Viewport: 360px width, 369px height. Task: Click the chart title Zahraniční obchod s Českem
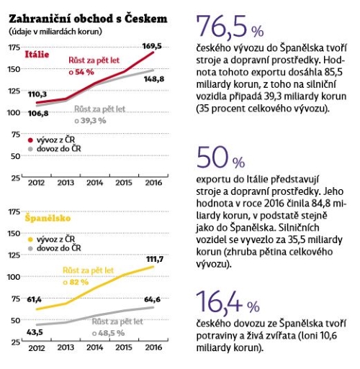pyautogui.click(x=88, y=19)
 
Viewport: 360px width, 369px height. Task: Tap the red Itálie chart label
pyautogui.click(x=37, y=55)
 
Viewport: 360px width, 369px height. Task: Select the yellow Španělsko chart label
pyautogui.click(x=48, y=218)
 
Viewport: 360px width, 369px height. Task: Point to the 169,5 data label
pyautogui.click(x=152, y=46)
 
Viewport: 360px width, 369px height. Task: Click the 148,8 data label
pyautogui.click(x=154, y=79)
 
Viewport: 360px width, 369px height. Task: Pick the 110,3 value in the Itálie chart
pyautogui.click(x=37, y=94)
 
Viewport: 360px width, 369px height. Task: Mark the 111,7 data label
pyautogui.click(x=155, y=259)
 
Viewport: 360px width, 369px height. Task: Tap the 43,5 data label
pyautogui.click(x=35, y=332)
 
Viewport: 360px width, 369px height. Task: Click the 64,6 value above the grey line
pyautogui.click(x=152, y=299)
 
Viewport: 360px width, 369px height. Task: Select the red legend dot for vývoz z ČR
pyautogui.click(x=30, y=140)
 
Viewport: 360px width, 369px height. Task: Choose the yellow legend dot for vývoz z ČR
pyautogui.click(x=30, y=240)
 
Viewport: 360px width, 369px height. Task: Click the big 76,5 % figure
pyautogui.click(x=230, y=27)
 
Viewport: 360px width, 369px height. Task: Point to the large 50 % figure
pyautogui.click(x=220, y=158)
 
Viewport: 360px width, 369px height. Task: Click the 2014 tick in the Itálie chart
pyautogui.click(x=95, y=183)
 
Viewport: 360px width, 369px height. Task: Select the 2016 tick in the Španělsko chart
pyautogui.click(x=153, y=347)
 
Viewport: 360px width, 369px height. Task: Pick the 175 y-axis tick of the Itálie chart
pyautogui.click(x=14, y=47)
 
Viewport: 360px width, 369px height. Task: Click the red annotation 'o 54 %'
pyautogui.click(x=81, y=72)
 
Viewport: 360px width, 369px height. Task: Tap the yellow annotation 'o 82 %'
pyautogui.click(x=76, y=282)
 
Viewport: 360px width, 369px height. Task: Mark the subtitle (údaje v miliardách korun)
pyautogui.click(x=55, y=32)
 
